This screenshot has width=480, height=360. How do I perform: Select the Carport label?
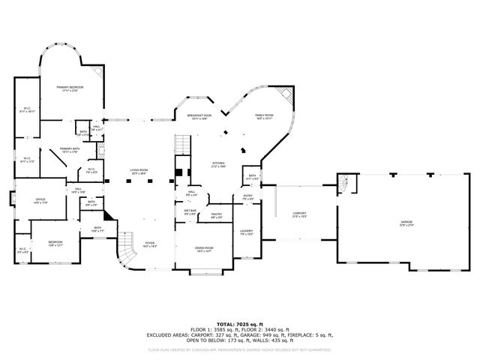(298, 215)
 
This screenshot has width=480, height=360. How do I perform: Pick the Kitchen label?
(217, 164)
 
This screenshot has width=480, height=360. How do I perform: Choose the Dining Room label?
(204, 249)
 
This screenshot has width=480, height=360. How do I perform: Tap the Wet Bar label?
(190, 213)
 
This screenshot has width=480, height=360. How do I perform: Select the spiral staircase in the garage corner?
(343, 181)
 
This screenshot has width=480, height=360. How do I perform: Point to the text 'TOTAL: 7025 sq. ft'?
(239, 324)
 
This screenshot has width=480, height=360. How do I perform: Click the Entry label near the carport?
(247, 198)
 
